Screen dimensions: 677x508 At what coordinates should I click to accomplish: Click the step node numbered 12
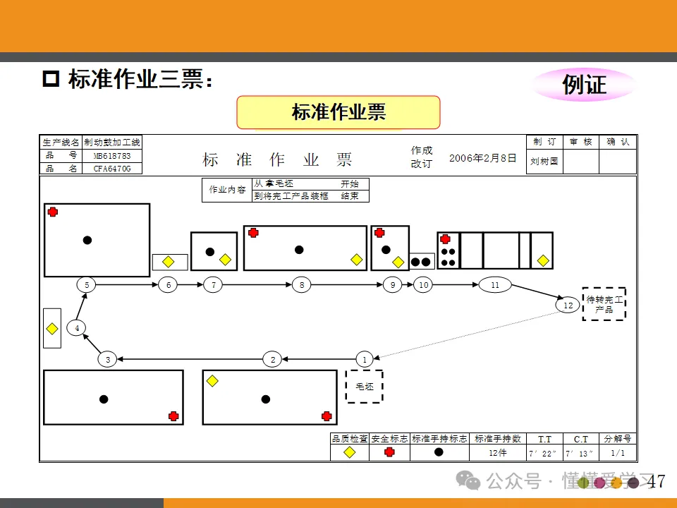568,306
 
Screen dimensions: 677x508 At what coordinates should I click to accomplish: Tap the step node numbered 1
365,359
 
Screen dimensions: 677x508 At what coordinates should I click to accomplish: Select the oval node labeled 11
494,285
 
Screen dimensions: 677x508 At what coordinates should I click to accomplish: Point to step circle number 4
77,327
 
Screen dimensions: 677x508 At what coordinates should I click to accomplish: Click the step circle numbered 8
302,285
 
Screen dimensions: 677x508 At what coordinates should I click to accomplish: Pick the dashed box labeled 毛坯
364,387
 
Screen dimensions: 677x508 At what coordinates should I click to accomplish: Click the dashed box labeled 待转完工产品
604,304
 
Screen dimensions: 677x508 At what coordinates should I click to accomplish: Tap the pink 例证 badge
584,85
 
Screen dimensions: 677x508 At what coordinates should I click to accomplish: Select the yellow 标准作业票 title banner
338,112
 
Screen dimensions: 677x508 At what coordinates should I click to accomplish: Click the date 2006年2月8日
483,158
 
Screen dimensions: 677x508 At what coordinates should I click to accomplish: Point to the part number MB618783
111,155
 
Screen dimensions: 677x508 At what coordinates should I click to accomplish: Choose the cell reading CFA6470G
111,169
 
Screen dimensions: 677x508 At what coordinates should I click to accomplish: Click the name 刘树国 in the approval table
544,161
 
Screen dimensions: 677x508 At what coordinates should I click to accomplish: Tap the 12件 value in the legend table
498,453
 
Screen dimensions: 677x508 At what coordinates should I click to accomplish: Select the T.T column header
545,439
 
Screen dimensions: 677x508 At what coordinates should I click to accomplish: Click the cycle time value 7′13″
580,453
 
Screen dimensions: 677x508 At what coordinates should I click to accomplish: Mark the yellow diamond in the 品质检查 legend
349,453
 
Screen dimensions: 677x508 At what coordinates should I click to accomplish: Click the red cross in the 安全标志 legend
389,453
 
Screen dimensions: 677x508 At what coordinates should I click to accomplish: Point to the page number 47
656,482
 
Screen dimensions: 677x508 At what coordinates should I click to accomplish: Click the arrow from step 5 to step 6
127,285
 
